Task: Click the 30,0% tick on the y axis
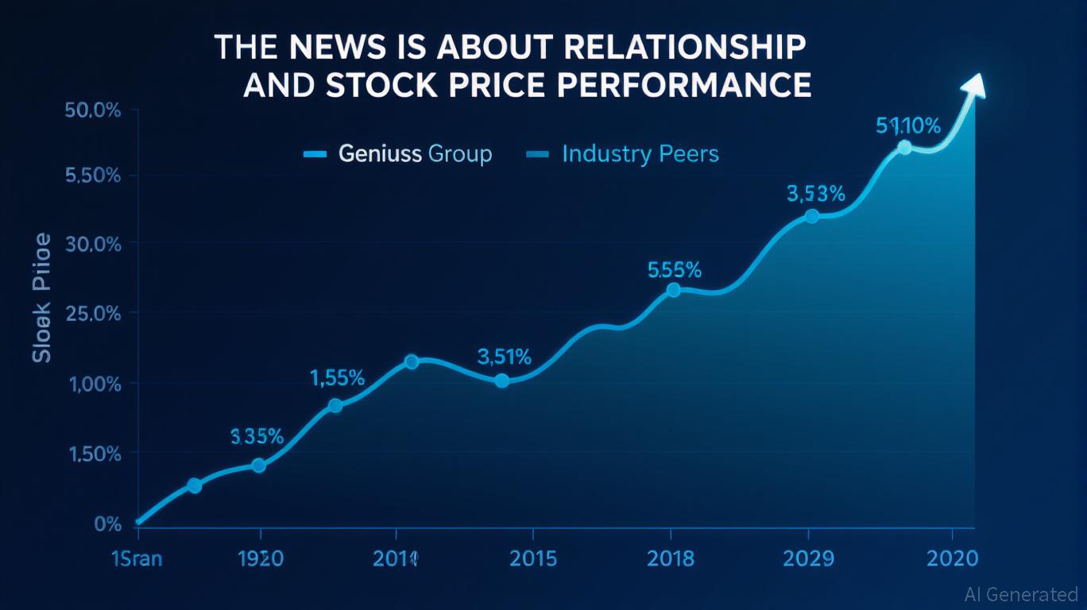click(x=93, y=245)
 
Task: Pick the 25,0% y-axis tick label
click(x=93, y=314)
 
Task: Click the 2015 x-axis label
click(x=532, y=558)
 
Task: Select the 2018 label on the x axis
click(x=670, y=558)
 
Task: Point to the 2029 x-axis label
click(x=807, y=558)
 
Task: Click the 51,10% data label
click(x=907, y=125)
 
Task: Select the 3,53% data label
click(x=815, y=193)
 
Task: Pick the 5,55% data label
click(x=675, y=270)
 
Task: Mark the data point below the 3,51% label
click(x=501, y=380)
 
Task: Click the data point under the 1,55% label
click(x=335, y=405)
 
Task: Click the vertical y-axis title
click(x=42, y=298)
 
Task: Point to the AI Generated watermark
click(x=1020, y=593)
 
